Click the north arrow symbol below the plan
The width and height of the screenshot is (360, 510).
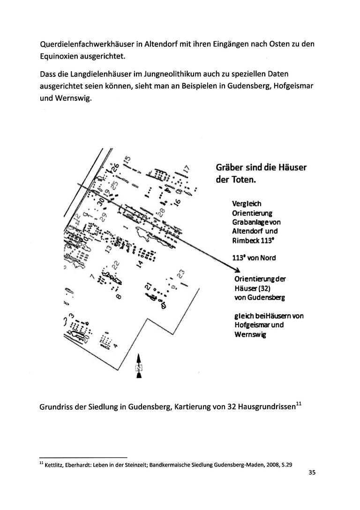point(139,367)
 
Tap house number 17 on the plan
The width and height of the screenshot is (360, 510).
point(186,169)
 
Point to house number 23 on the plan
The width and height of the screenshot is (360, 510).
point(181,273)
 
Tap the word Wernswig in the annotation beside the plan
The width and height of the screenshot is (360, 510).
point(249,334)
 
